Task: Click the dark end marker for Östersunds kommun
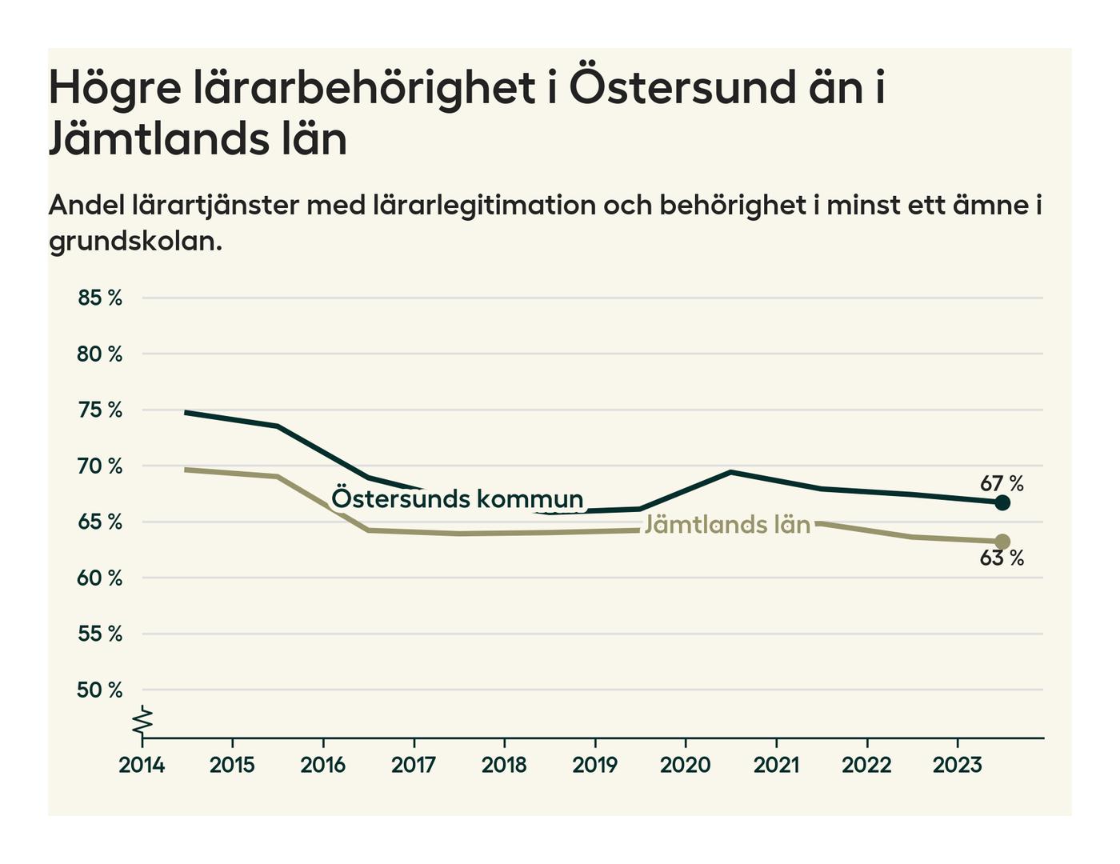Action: tap(1002, 502)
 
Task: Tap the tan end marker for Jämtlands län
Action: tap(1002, 542)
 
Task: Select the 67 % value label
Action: tap(1002, 483)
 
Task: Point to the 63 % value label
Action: tap(1002, 558)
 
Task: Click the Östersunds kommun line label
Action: tap(457, 498)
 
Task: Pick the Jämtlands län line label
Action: tap(727, 524)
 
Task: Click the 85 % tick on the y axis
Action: tap(100, 298)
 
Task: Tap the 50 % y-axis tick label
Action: tap(100, 690)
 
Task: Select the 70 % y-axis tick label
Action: tap(100, 466)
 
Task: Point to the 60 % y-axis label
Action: tap(100, 578)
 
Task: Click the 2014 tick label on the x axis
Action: tap(142, 765)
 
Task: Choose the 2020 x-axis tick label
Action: tap(686, 765)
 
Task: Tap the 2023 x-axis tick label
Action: tap(957, 765)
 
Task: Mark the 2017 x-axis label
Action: tap(414, 765)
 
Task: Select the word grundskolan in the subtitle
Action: tap(134, 241)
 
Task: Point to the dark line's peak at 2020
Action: tap(730, 472)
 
